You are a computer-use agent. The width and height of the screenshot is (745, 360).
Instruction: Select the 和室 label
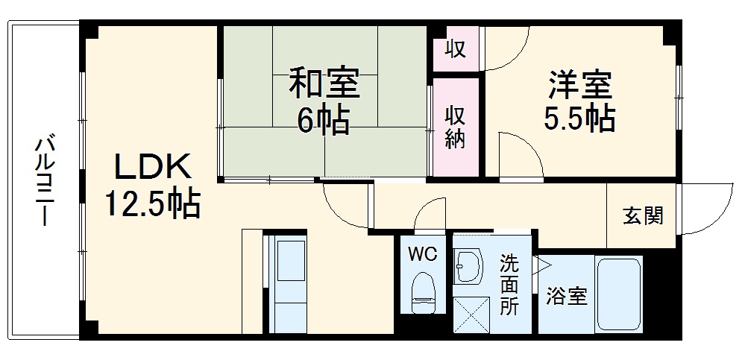coord(324,84)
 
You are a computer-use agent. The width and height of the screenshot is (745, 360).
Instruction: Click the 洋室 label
coord(581,83)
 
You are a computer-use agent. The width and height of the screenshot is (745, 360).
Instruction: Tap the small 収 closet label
coord(456,49)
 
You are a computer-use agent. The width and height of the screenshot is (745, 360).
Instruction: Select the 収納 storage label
coord(456,126)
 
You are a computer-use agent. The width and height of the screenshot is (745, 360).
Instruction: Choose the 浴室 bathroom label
coord(566,296)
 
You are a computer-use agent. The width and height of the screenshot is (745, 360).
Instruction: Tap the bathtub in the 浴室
coord(618,295)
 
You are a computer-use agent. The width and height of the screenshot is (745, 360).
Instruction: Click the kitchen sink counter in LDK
coord(286,283)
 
